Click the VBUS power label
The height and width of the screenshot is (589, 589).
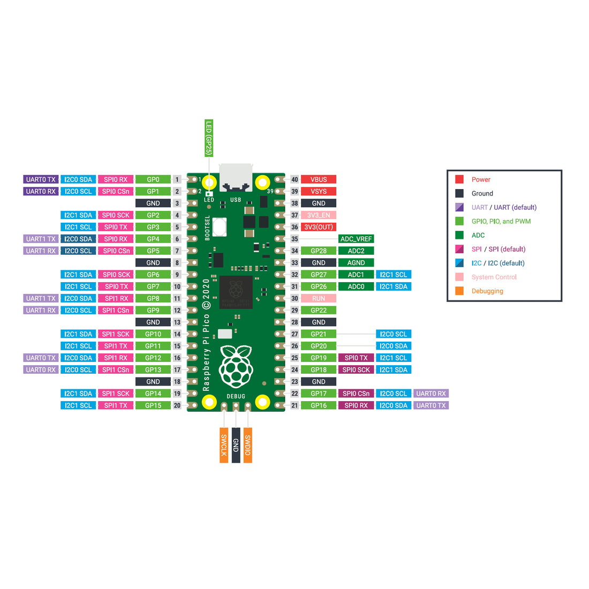318,179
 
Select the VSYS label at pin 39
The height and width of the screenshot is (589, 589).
318,192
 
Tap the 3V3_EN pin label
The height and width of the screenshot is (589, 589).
318,215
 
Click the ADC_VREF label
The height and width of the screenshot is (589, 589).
356,239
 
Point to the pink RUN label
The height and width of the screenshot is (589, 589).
318,299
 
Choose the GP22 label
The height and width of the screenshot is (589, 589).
318,311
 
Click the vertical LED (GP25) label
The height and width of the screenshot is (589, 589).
209,138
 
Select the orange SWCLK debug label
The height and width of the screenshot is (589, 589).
224,445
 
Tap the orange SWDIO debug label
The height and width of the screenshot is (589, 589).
248,445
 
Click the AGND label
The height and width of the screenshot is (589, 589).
356,263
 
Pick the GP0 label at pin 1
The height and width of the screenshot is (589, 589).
153,179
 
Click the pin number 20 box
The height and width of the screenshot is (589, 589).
177,406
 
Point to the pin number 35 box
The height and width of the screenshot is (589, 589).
294,239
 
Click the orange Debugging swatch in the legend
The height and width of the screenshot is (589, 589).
459,291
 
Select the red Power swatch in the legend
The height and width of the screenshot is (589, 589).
459,179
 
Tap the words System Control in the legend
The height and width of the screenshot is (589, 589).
494,277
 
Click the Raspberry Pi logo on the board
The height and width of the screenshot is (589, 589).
236,367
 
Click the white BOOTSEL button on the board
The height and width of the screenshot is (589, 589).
220,227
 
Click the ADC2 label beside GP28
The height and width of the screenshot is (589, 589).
356,251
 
